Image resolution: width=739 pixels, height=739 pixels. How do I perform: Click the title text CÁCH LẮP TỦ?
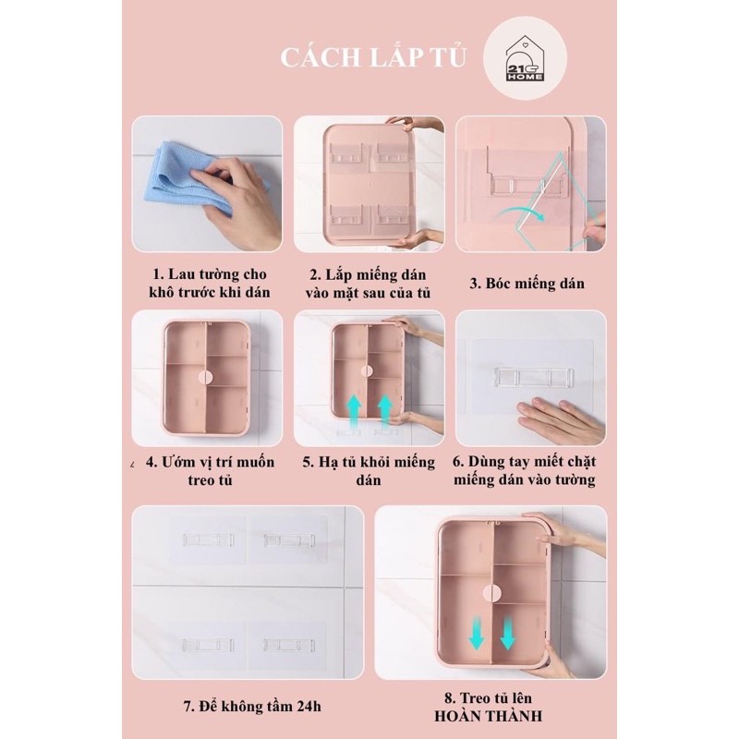point(373,58)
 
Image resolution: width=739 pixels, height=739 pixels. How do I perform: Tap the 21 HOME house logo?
point(525,58)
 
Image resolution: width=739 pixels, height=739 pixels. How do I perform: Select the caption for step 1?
point(210,283)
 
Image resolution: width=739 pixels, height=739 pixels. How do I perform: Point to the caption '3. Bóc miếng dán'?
point(527,284)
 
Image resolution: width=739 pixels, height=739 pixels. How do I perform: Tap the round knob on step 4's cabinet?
point(206,377)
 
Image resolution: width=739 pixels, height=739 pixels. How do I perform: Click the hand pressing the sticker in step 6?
point(560,420)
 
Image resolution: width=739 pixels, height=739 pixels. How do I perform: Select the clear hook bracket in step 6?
point(534,377)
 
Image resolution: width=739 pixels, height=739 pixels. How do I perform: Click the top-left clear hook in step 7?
point(208,539)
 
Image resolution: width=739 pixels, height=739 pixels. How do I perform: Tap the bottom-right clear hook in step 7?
point(288,645)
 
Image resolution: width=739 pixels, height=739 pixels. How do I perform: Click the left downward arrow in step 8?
point(477,635)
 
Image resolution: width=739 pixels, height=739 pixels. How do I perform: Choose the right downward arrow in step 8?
point(507,635)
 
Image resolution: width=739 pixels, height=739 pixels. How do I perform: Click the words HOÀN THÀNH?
point(489,717)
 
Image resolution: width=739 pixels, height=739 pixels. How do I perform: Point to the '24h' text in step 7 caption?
point(309,707)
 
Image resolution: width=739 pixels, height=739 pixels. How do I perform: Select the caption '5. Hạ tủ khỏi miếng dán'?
point(369,470)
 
